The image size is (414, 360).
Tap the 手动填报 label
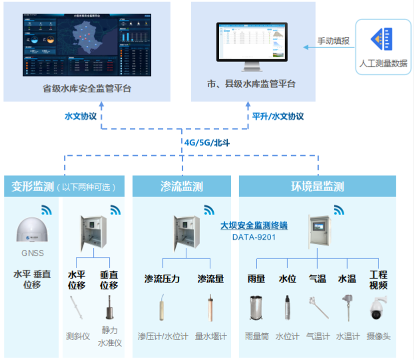333,41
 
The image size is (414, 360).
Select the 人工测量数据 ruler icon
382,39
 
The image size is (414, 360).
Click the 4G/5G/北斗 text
207,142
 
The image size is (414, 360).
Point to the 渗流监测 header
182,187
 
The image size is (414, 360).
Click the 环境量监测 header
318,187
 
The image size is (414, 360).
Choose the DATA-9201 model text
254,237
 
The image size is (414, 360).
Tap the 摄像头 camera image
378,308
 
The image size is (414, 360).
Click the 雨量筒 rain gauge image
257,307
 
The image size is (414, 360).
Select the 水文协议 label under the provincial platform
80,116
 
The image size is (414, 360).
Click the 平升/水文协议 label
278,116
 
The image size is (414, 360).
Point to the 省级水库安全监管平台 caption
87,88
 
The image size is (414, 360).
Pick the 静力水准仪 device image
109,307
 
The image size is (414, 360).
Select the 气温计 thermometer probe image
318,307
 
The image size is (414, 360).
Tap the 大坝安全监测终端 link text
254,226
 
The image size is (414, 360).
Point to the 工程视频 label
378,280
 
